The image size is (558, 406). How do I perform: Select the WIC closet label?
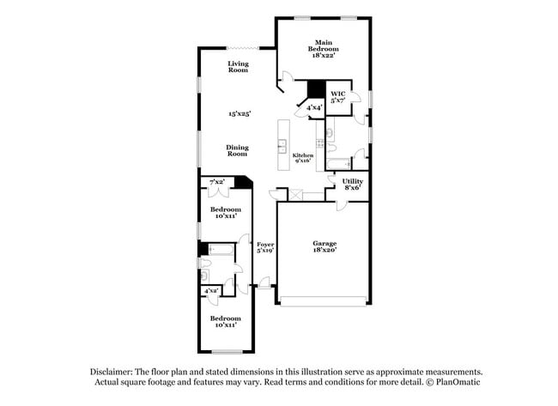click(338, 93)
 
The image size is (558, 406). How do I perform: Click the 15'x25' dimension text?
click(238, 113)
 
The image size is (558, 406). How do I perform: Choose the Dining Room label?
click(238, 150)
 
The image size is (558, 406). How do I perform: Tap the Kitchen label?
click(302, 155)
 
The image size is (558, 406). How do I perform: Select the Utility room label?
click(352, 181)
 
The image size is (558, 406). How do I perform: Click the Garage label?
click(324, 243)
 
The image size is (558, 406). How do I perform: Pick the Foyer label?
click(265, 245)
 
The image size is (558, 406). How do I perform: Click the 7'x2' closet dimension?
click(216, 182)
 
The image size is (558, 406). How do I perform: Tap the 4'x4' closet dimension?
click(315, 107)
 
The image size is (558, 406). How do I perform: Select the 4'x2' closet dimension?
click(210, 291)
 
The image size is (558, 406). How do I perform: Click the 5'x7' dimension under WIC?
click(338, 100)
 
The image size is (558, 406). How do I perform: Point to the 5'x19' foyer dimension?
click(265, 251)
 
